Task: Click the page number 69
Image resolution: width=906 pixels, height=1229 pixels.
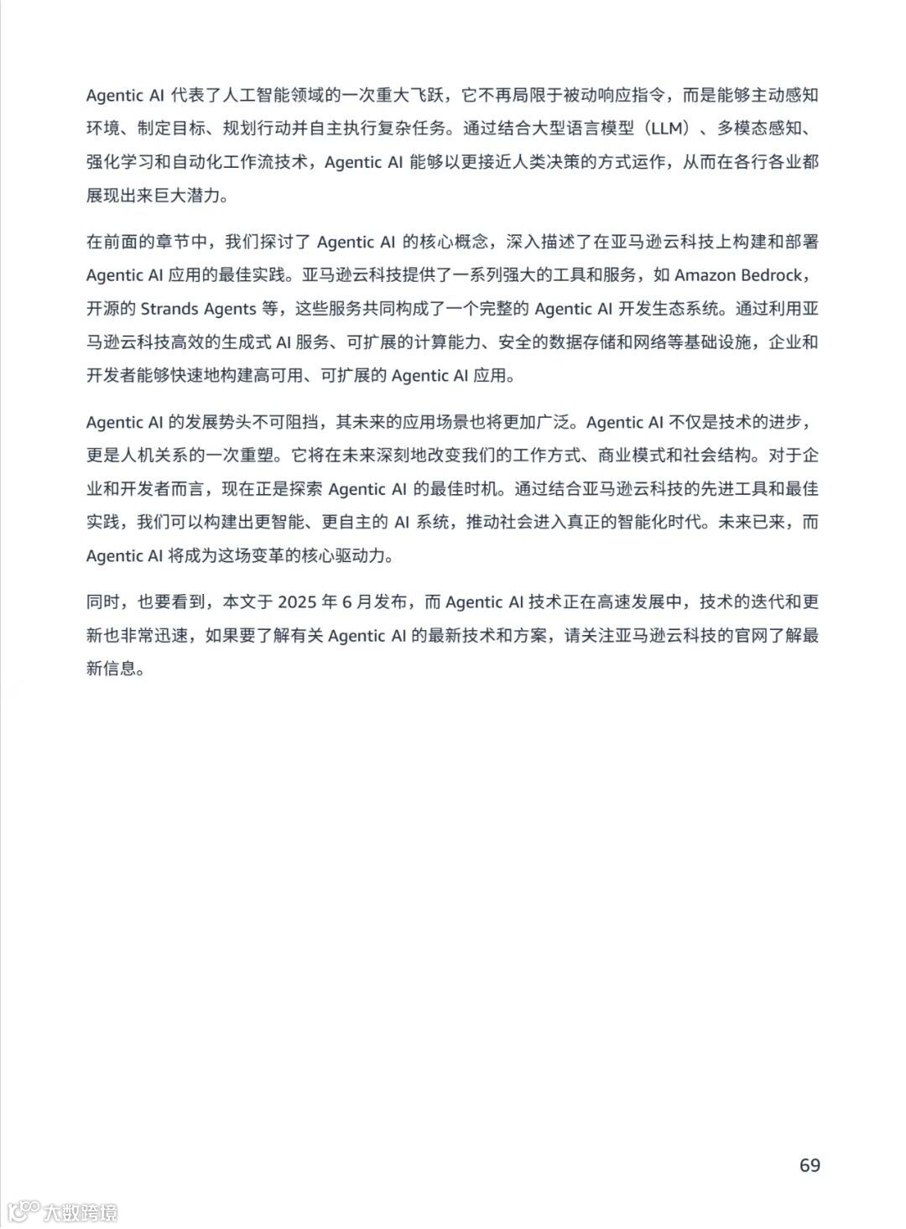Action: click(810, 1165)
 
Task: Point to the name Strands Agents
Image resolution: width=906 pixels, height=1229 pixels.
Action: click(198, 309)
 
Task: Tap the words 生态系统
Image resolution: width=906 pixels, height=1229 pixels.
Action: click(688, 309)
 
